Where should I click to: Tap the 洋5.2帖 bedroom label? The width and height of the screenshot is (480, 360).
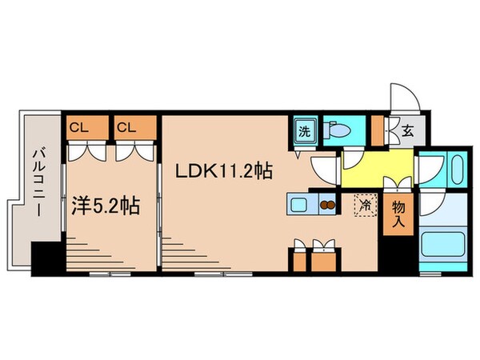(105, 206)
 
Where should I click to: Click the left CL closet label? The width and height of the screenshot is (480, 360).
(78, 126)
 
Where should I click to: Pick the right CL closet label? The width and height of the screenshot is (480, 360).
(125, 126)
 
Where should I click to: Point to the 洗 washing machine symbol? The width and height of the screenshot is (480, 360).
(306, 130)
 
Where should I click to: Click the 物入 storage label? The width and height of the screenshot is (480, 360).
(398, 214)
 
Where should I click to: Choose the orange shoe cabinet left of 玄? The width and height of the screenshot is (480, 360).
(378, 130)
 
